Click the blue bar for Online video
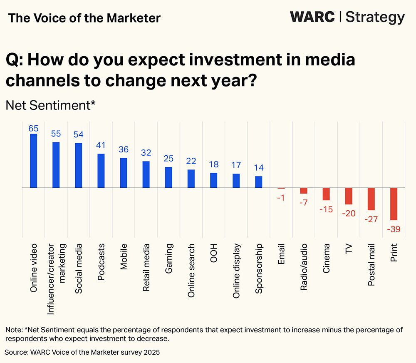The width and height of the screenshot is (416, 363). (34, 161)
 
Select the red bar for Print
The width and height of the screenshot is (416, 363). (394, 204)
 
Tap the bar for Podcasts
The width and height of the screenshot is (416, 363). (101, 171)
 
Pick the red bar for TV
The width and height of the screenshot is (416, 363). (349, 196)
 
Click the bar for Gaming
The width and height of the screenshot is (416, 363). (168, 177)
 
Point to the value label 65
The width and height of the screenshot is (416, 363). (34, 128)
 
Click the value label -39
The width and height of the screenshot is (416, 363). (393, 229)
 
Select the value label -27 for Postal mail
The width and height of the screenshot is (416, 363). (371, 219)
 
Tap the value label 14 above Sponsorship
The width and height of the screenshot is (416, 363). (258, 168)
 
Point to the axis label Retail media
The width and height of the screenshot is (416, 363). (146, 267)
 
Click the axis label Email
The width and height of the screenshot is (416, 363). (281, 254)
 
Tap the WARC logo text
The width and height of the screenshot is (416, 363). (312, 17)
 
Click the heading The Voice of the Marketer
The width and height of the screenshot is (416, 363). (84, 18)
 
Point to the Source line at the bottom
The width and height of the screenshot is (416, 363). (82, 352)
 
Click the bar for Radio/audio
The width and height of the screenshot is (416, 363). (304, 191)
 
